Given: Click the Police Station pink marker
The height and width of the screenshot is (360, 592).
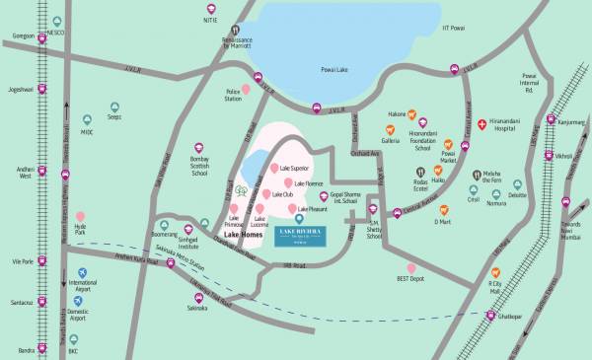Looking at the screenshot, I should pos(232,88).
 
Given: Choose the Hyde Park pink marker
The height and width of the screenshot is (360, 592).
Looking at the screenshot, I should pos(81,217).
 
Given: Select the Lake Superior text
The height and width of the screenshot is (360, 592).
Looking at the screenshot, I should pos(296,169).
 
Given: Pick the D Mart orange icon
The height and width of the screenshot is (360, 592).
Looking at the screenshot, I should pos(444,209).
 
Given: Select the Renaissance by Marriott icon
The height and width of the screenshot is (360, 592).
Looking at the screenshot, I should pos(234,32).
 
